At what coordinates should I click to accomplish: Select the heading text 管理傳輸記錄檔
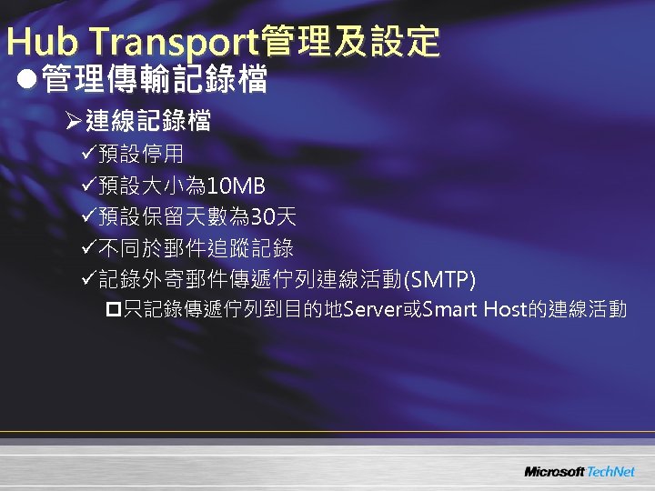click(x=153, y=80)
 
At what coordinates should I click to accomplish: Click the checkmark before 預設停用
click(x=88, y=157)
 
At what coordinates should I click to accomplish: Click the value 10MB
click(x=236, y=187)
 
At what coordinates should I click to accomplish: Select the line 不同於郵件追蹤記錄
click(x=196, y=247)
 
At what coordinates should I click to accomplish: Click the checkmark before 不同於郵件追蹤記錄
click(x=88, y=247)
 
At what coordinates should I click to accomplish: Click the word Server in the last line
click(x=370, y=311)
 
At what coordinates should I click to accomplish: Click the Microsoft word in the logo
click(x=554, y=472)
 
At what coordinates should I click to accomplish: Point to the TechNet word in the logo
click(x=610, y=472)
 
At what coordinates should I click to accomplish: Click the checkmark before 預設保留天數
click(x=88, y=217)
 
